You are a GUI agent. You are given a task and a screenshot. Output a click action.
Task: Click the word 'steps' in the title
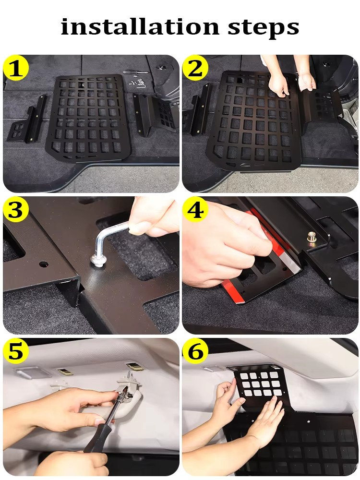click(263, 28)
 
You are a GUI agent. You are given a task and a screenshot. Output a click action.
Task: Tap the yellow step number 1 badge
click(16, 68)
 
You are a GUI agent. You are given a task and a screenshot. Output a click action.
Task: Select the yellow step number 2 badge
click(195, 68)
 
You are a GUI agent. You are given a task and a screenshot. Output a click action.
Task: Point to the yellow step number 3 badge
click(16, 210)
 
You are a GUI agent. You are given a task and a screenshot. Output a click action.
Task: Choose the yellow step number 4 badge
click(195, 210)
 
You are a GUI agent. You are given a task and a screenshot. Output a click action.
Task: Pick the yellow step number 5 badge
click(16, 352)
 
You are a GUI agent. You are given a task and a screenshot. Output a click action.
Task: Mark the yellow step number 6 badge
click(195, 352)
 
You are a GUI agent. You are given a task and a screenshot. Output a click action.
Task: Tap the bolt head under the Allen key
click(98, 261)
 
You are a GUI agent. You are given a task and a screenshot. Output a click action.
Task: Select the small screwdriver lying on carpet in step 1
click(136, 72)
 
